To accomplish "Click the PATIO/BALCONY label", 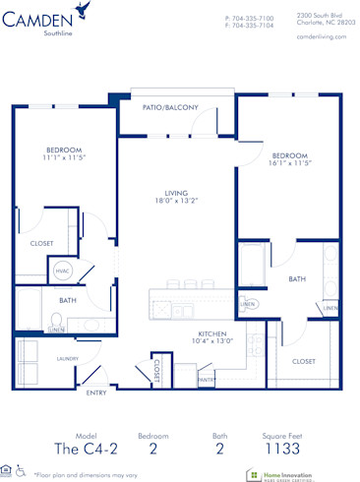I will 171,107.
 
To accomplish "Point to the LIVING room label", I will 177,193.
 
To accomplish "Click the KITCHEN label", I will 212,333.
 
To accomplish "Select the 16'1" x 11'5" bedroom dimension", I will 290,163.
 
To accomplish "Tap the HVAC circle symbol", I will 61,268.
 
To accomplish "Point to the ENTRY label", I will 96,392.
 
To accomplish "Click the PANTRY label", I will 206,378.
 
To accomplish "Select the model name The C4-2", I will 86,448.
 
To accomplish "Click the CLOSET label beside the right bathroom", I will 304,361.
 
